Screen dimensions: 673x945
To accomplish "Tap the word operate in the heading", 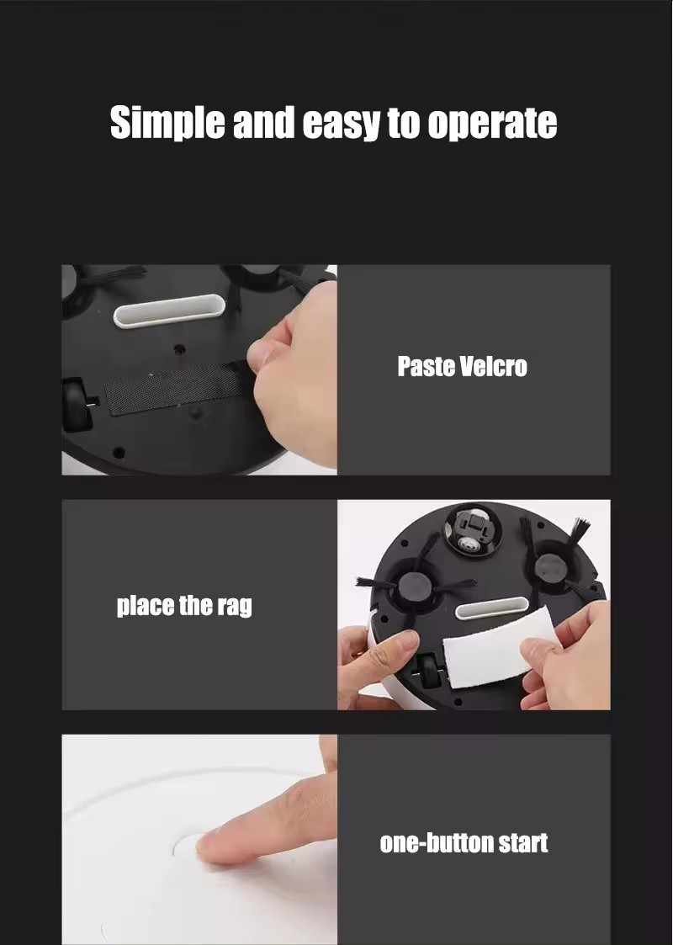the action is click(x=492, y=125).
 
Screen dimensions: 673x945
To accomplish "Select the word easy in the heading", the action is click(x=341, y=125).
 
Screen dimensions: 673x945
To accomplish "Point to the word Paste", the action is click(x=426, y=366).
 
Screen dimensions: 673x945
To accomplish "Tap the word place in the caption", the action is click(x=146, y=605).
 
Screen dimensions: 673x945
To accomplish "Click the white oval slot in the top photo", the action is click(x=169, y=311).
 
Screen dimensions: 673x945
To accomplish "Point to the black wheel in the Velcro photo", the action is click(x=76, y=404).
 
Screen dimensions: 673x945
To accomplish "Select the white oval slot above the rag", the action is click(x=491, y=608).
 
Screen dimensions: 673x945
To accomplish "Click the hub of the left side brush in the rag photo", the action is click(x=413, y=585).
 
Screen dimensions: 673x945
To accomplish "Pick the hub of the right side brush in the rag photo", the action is click(x=549, y=567).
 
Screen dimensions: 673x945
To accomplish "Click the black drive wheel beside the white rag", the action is click(x=428, y=669).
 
